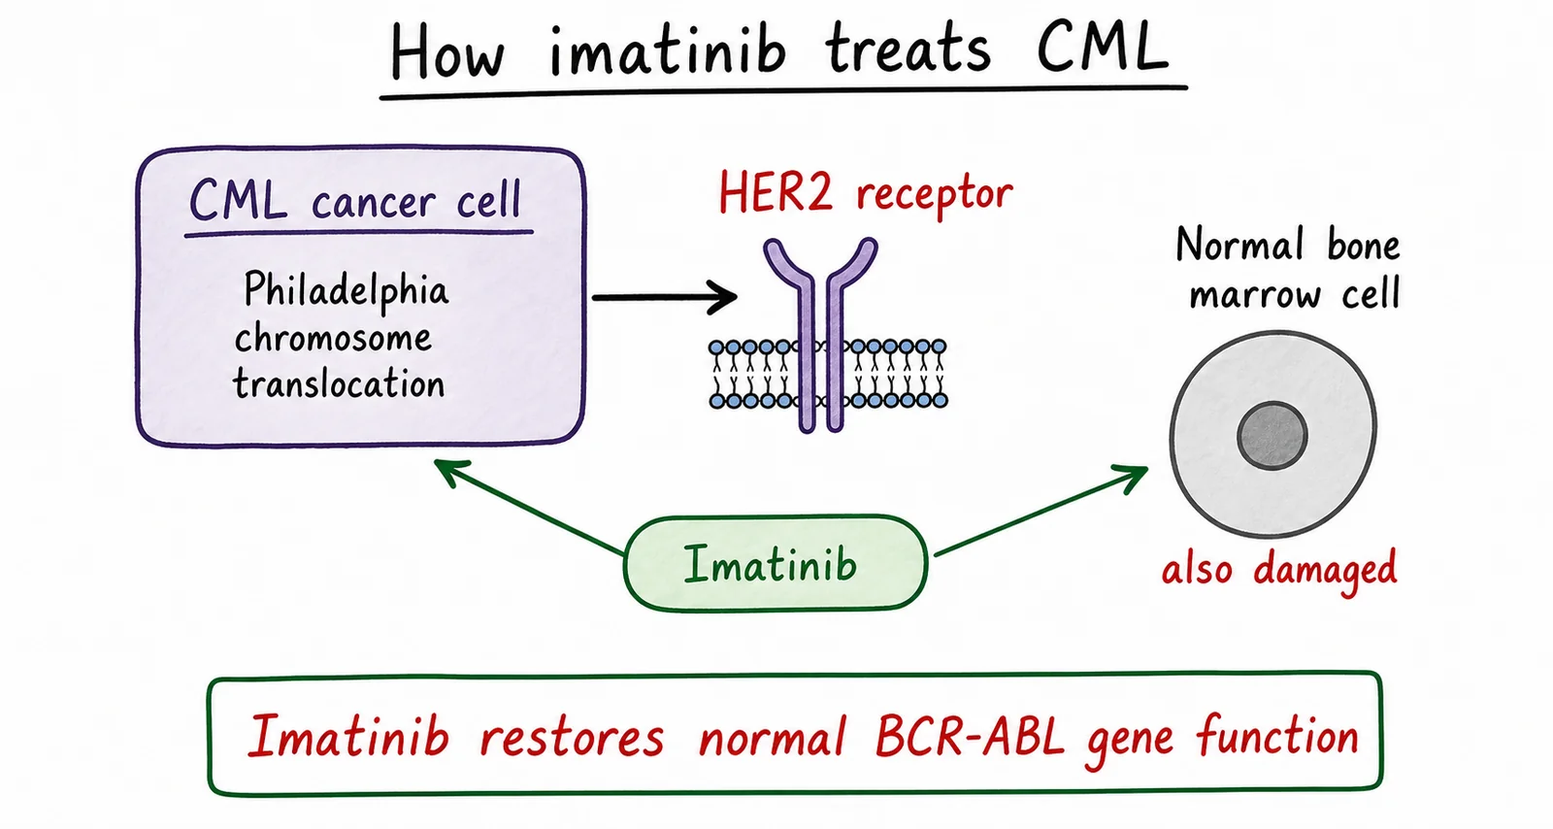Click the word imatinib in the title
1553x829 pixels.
click(668, 50)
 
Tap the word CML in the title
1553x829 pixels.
click(1103, 48)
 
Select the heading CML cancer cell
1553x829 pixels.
click(355, 200)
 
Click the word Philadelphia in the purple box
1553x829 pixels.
click(346, 289)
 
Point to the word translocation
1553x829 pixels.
click(339, 383)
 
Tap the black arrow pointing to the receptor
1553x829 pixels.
click(664, 297)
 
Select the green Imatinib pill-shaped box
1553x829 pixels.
click(776, 564)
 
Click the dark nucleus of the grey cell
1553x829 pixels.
click(1272, 436)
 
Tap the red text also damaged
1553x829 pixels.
click(1279, 571)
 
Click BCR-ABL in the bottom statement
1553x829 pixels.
click(970, 736)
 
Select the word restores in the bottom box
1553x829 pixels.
click(573, 738)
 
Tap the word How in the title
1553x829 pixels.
click(446, 51)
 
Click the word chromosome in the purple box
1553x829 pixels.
click(333, 338)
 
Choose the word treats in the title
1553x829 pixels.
click(909, 50)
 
